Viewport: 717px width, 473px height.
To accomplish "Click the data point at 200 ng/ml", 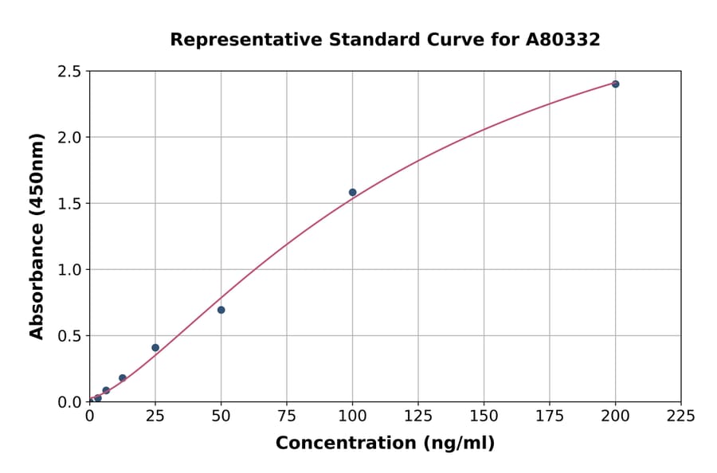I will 615,84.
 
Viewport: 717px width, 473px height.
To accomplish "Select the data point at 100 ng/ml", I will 352,192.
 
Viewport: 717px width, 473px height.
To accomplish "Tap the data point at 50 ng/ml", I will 221,310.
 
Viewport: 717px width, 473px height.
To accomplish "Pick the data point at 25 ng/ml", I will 155,347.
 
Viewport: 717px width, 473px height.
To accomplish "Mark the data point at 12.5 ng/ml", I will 122,378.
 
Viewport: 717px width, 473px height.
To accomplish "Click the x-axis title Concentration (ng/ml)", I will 385,443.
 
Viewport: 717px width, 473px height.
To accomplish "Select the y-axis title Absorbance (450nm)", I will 37,236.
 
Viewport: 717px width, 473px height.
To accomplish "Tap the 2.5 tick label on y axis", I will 70,72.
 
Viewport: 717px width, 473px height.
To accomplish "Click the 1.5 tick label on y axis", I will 70,204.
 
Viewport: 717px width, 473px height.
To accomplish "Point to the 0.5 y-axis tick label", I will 70,336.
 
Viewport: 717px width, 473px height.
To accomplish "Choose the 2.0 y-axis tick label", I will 70,138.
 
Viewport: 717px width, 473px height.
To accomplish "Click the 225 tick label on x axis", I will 680,416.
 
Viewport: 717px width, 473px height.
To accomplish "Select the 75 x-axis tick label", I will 287,416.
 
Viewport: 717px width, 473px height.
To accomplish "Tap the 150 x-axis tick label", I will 484,416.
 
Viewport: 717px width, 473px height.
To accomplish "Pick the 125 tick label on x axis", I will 418,416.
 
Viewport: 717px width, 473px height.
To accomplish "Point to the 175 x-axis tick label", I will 550,416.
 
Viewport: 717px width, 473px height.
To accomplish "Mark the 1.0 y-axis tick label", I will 70,270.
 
